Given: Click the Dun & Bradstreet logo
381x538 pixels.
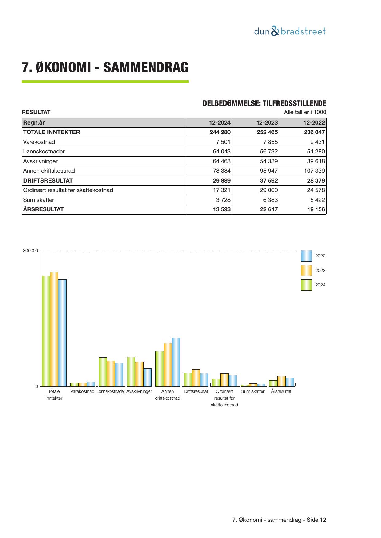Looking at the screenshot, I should [290, 31].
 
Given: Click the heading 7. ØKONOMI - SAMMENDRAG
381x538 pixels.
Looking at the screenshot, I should [105, 67].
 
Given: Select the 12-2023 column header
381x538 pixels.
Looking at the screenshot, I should [267, 123].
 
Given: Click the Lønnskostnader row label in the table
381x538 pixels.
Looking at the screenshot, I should [44, 152].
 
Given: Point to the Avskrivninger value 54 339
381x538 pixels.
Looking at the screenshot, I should [269, 161].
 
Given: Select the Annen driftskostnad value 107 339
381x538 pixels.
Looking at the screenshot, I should [314, 171].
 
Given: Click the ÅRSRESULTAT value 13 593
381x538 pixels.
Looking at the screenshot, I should [222, 209].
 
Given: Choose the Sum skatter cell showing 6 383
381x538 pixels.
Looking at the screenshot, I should [270, 200].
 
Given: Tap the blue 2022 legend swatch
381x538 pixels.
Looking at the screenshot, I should [306, 256].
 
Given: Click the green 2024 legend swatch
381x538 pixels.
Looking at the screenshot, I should [306, 285].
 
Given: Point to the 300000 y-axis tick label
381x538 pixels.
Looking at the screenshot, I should [30, 251].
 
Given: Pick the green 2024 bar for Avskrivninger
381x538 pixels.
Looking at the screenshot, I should [131, 372].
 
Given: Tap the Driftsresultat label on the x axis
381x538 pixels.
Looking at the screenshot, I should [196, 392].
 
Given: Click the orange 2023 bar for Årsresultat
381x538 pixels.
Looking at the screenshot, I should [281, 381].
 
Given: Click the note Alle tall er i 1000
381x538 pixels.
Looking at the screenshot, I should [305, 112].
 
